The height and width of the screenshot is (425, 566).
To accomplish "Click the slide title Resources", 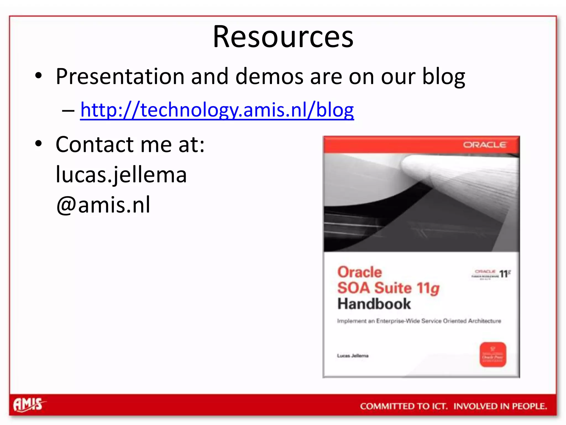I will coord(283,37).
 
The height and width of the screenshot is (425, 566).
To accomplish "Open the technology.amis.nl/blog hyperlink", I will coord(217,110).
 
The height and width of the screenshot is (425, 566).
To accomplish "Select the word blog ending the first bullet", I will coord(443,77).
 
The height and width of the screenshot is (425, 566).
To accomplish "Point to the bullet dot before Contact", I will coord(38,144).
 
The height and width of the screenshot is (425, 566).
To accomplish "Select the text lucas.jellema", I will coord(121,175).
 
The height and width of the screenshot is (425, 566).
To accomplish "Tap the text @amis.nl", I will coord(103,205).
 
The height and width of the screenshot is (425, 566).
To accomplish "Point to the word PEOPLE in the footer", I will coord(529,406).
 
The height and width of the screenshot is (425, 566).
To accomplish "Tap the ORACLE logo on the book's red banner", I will coord(484,145).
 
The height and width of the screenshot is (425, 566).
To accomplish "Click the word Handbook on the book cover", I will coord(374,304).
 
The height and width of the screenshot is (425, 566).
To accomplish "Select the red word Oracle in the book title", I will coord(360,272).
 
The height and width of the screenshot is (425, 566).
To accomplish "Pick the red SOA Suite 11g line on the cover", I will coord(388,288).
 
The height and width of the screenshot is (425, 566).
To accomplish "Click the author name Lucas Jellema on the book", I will coord(353,356).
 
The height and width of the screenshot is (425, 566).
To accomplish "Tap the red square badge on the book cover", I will coord(493,355).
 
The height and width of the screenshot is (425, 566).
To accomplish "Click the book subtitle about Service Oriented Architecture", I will coord(419,321).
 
